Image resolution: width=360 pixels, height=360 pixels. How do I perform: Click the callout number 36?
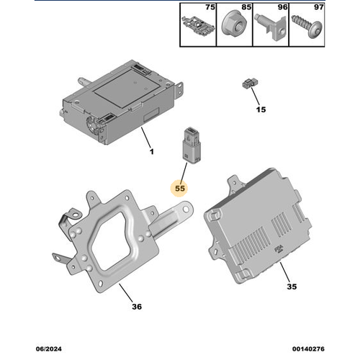[137, 307]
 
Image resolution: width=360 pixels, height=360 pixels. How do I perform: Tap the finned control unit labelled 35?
[259, 223]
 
